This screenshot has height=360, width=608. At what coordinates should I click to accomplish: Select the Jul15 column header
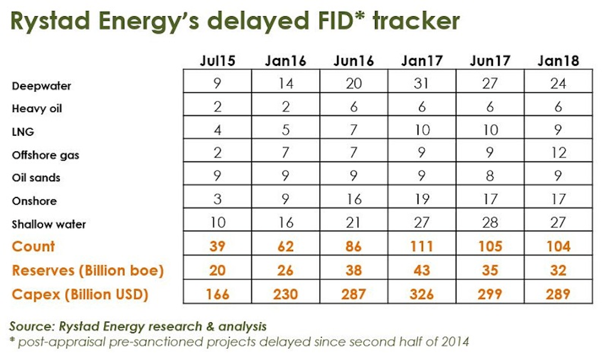(217, 61)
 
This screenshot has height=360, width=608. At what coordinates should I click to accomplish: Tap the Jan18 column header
(558, 61)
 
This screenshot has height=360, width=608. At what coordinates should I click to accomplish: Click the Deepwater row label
(42, 86)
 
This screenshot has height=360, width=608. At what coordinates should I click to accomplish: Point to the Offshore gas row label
(46, 155)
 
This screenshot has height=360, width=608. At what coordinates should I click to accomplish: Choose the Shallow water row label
(49, 224)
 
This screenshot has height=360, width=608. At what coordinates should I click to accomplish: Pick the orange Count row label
(33, 247)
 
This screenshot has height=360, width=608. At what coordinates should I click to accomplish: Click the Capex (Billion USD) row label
(80, 294)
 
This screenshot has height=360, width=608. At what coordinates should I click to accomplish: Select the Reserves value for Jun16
(353, 270)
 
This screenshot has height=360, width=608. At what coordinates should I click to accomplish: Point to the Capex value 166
(217, 294)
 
